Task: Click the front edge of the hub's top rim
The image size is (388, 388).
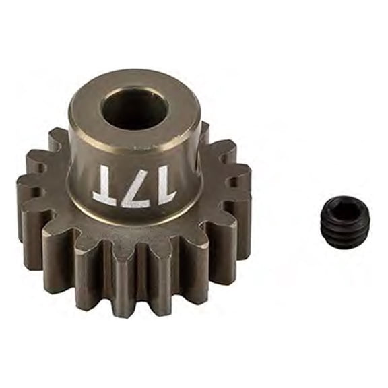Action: [135, 143]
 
